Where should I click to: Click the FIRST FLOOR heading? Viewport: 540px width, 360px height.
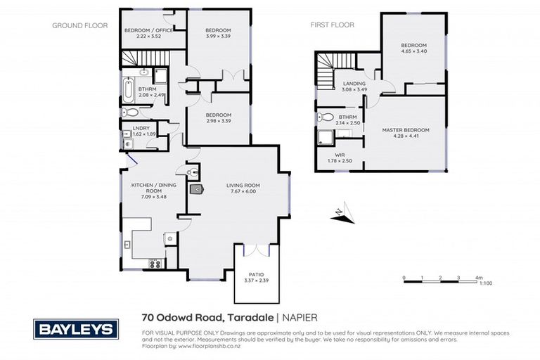[333, 25]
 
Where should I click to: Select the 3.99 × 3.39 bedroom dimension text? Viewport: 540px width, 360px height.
[219, 37]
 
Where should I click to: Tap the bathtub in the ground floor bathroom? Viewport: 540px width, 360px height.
[128, 90]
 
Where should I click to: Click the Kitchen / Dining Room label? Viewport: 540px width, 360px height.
[148, 188]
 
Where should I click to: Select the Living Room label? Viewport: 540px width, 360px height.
[243, 186]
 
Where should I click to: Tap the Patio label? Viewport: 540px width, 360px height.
[257, 276]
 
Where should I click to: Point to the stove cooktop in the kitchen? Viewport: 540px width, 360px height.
[153, 264]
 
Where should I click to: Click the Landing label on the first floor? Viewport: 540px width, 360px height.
[344, 82]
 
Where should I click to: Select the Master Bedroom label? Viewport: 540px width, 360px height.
[405, 130]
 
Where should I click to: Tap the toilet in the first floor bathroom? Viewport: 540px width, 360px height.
[326, 117]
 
